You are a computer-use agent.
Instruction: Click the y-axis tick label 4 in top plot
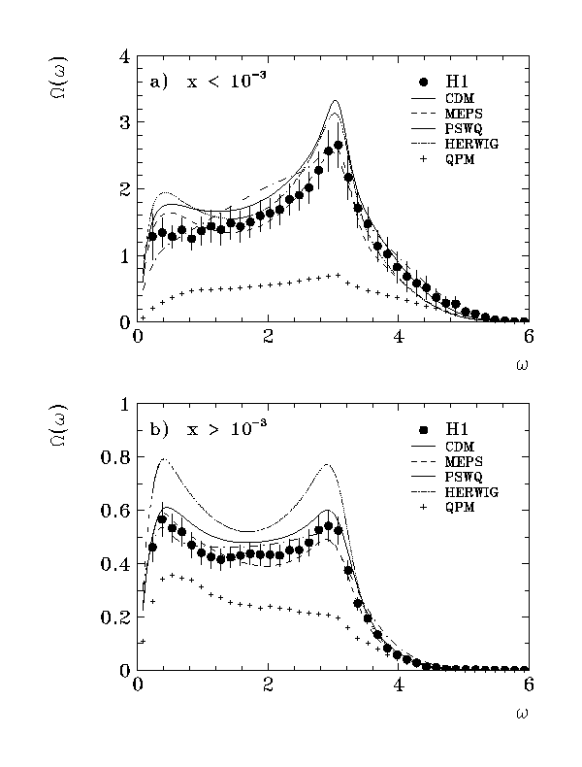tap(124, 56)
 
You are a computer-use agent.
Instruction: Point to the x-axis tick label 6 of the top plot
tap(528, 337)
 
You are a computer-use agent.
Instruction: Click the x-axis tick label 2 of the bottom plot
tap(268, 685)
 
